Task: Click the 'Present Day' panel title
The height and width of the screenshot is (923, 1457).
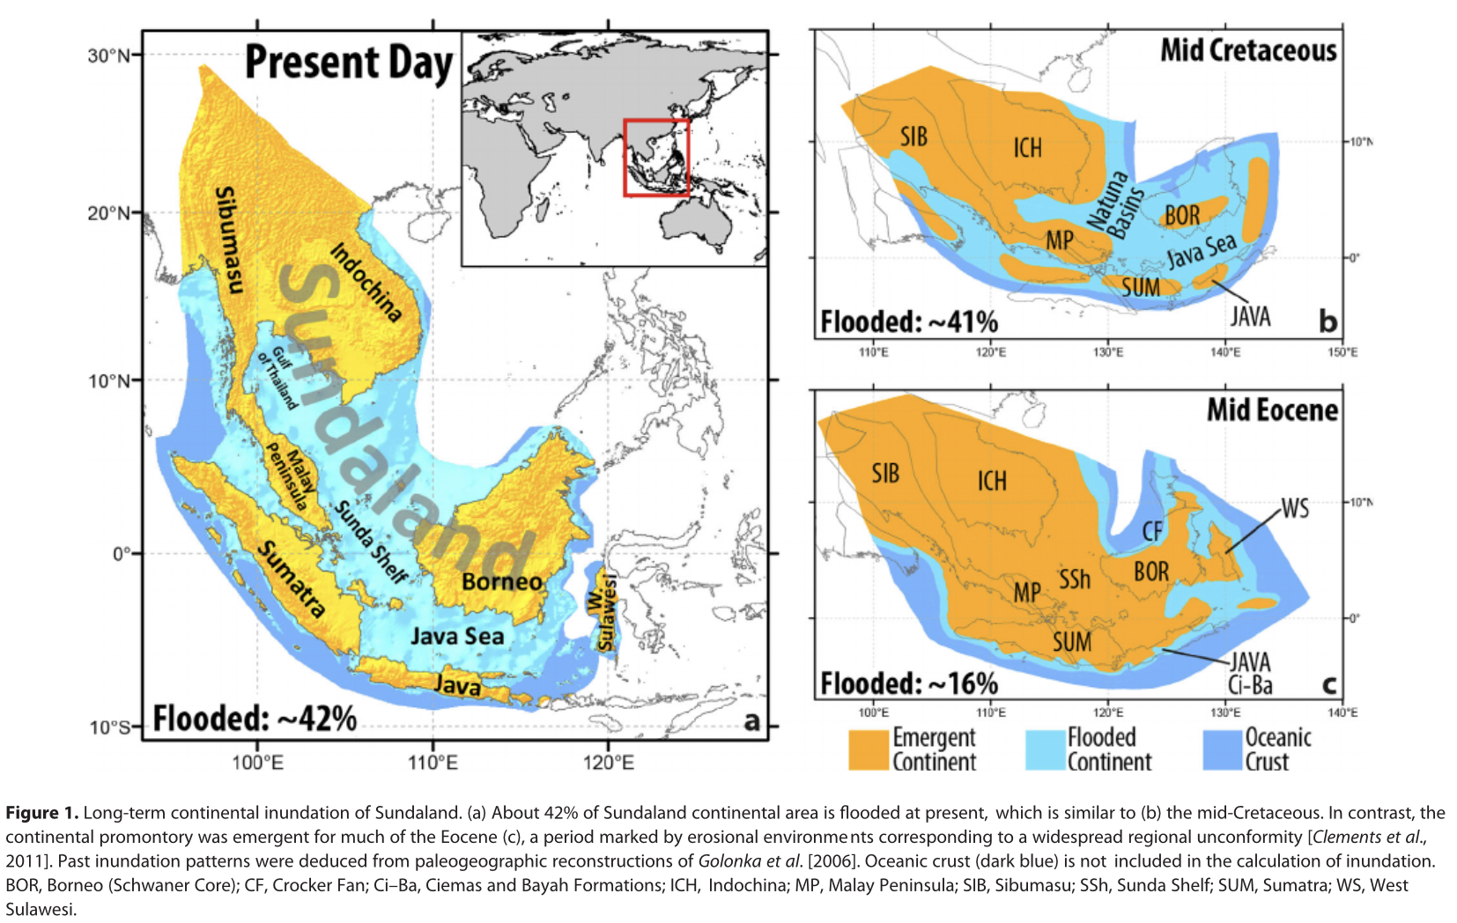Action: point(348,63)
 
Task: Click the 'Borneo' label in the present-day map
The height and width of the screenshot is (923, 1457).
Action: point(501,582)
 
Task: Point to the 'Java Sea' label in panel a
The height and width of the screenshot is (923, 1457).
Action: point(457,636)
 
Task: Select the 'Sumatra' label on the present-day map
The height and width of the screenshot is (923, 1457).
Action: point(291,579)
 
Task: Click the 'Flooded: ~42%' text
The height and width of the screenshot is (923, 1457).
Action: point(255,719)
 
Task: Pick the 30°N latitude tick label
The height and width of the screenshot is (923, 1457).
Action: point(107,55)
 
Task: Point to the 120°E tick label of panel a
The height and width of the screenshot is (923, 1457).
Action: point(608,762)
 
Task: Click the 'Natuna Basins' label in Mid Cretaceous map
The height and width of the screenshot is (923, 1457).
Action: point(1115,204)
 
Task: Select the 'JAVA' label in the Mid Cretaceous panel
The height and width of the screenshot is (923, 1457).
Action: point(1250,316)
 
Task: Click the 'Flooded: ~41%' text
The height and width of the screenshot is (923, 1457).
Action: point(908,321)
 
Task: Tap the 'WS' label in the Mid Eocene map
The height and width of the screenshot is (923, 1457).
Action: point(1294,508)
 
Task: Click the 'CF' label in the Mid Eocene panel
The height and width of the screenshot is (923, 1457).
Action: point(1152,531)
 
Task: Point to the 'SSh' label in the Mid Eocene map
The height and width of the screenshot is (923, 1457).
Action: point(1074,579)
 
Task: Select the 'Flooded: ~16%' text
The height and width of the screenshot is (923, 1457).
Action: point(908,683)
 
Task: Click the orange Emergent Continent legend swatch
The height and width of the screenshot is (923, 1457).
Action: point(868,749)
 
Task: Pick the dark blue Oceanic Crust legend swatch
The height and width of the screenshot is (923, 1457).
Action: point(1221,749)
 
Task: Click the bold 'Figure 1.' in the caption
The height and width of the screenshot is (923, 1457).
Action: point(41,813)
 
